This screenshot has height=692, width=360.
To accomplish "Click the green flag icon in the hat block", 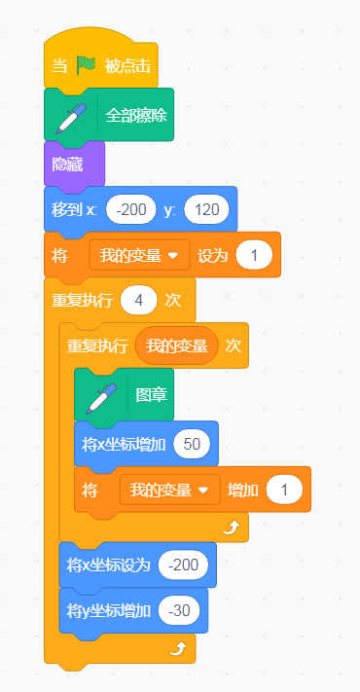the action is (x=86, y=65).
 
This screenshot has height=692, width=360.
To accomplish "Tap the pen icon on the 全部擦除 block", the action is (x=71, y=119).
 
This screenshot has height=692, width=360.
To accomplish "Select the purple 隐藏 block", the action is (x=74, y=164).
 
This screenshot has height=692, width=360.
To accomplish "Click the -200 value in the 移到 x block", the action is (x=131, y=209).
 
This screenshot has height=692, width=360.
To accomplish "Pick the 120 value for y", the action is (x=207, y=209).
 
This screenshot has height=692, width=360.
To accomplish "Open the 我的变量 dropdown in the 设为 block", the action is (x=139, y=255).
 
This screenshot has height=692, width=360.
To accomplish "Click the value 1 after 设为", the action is (x=254, y=255).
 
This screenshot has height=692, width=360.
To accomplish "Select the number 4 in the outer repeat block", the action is (x=139, y=301).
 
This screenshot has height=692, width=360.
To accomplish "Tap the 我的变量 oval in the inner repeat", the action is (x=177, y=346).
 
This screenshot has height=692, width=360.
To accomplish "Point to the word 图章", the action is (x=152, y=395).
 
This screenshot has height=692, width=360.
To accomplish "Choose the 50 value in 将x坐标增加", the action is (x=192, y=444).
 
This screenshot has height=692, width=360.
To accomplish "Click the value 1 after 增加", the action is (x=284, y=490).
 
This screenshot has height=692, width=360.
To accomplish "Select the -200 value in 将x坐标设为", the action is (x=183, y=565).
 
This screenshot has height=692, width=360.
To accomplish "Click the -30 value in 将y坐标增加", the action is (x=179, y=610).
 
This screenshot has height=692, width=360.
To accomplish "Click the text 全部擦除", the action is (x=136, y=116).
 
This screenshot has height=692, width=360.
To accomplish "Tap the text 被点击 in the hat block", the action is (x=127, y=66).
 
